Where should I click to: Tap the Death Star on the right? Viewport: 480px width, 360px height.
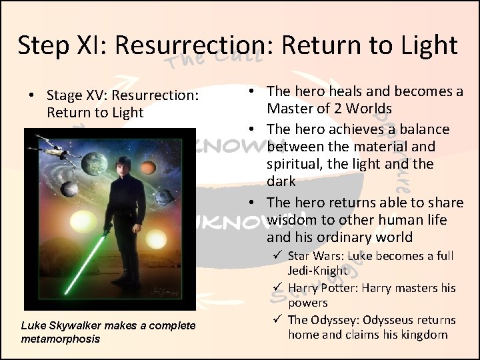click(164, 196)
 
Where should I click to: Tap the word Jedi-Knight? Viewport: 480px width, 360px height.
click(317, 271)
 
